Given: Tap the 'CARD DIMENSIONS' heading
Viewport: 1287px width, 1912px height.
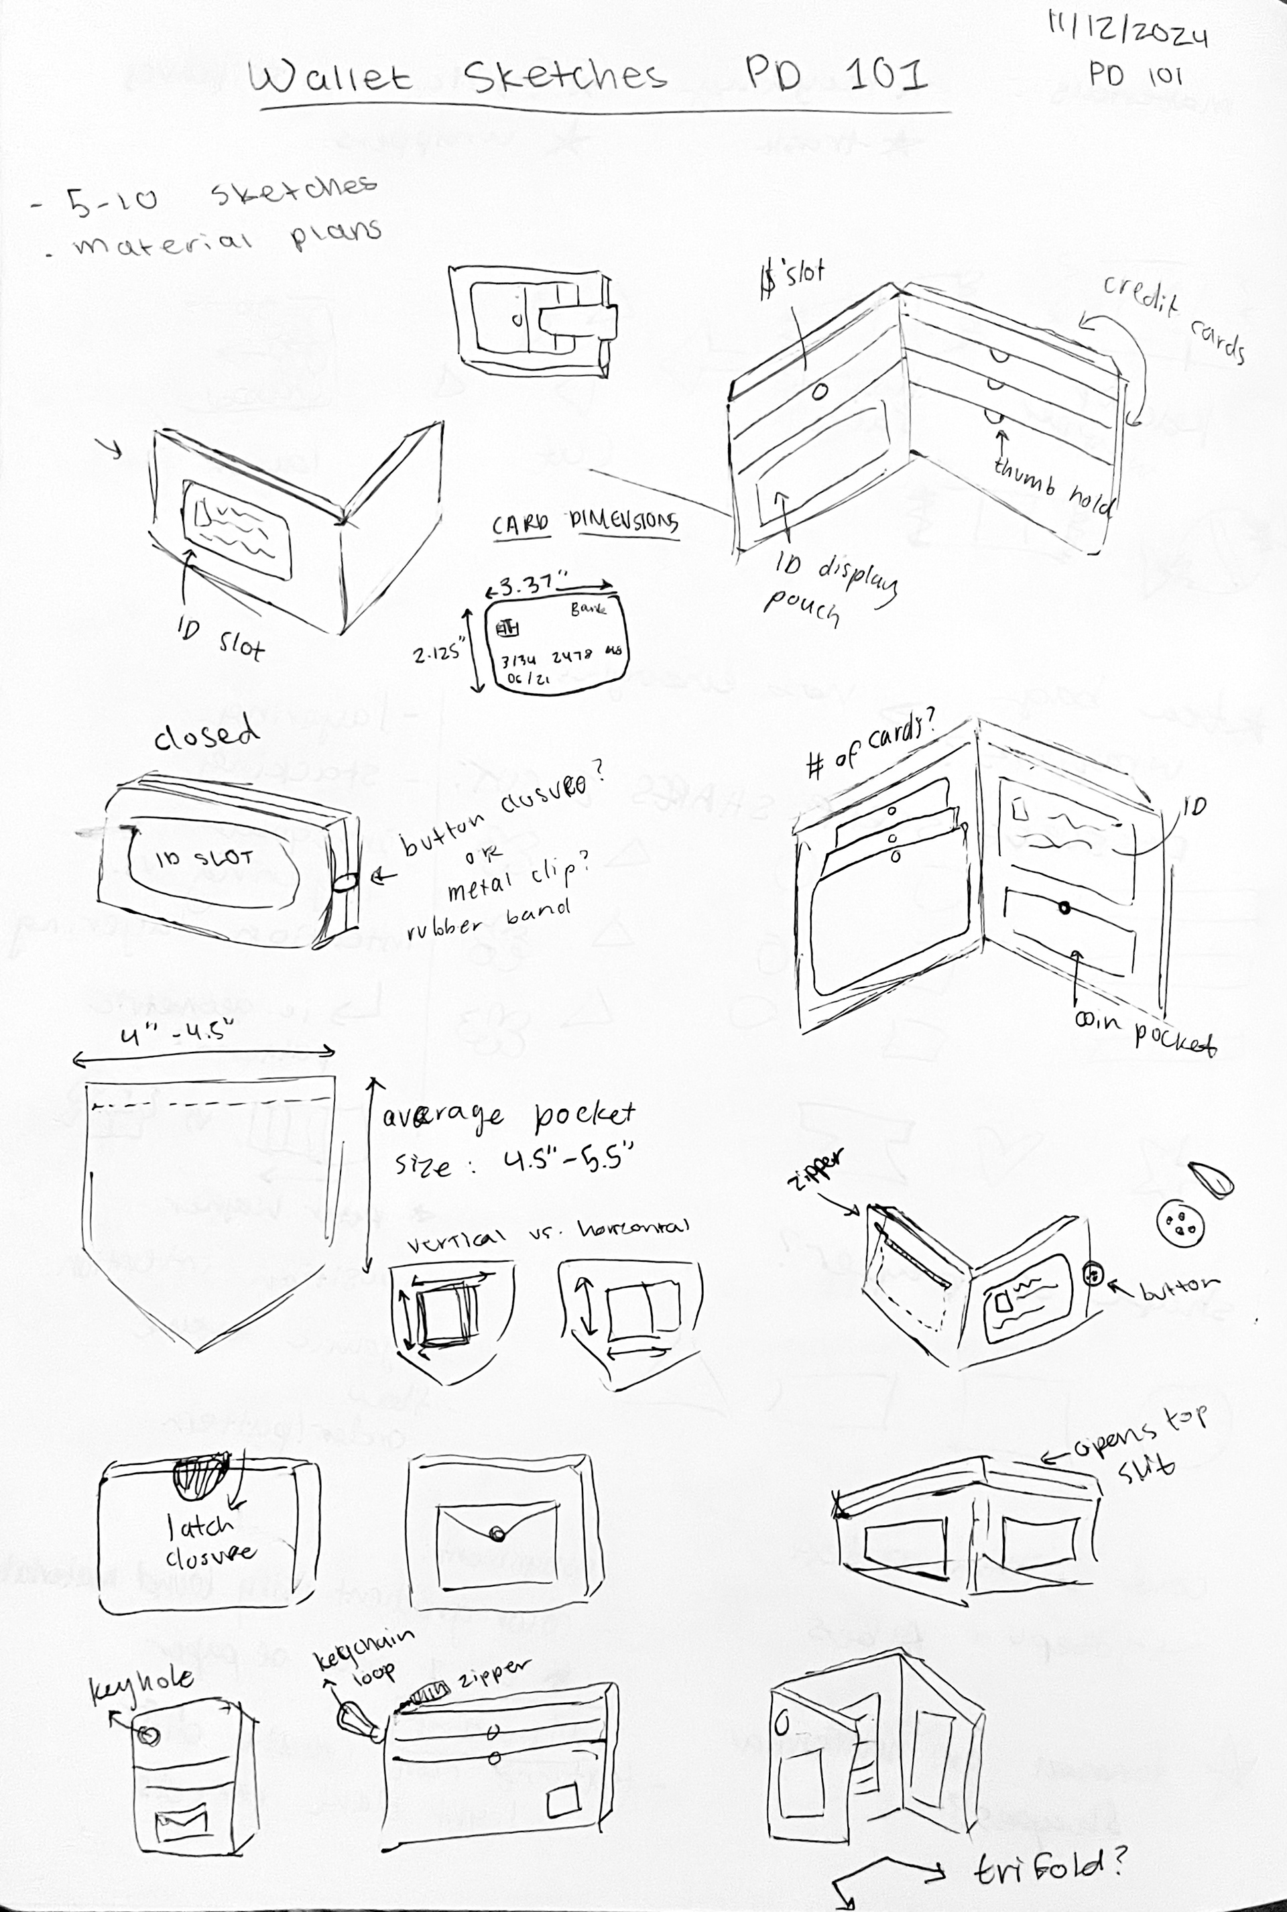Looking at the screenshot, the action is point(585,524).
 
